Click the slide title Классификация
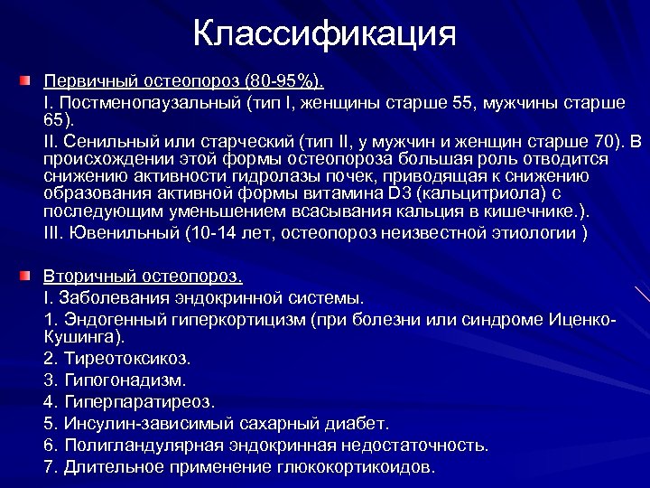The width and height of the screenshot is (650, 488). tap(324, 34)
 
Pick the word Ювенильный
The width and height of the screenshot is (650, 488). tap(118, 233)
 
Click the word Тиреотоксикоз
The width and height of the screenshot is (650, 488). tap(127, 358)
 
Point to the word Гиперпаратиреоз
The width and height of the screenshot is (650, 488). tap(140, 401)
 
